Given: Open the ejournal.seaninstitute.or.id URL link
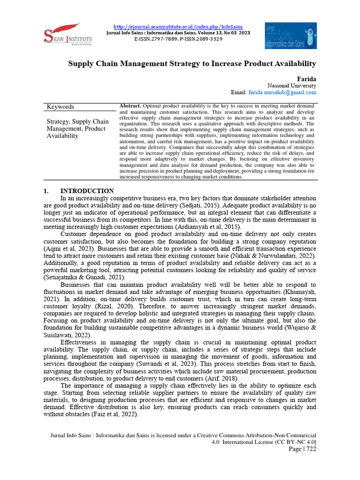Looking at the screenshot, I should (179, 27).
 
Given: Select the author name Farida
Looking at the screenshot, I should (307, 78).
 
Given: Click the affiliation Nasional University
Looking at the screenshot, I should (292, 86).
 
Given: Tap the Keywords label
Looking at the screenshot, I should (60, 107).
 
